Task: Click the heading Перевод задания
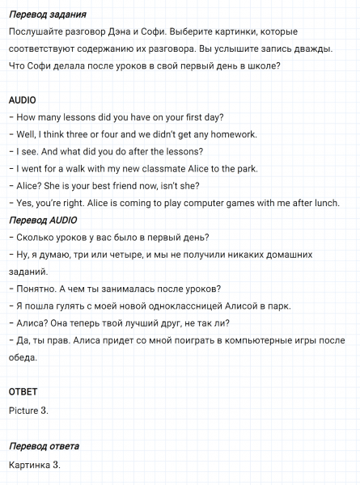tap(47, 15)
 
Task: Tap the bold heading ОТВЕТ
tap(23, 391)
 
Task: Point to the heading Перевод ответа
tap(44, 446)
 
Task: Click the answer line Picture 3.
tap(28, 410)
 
